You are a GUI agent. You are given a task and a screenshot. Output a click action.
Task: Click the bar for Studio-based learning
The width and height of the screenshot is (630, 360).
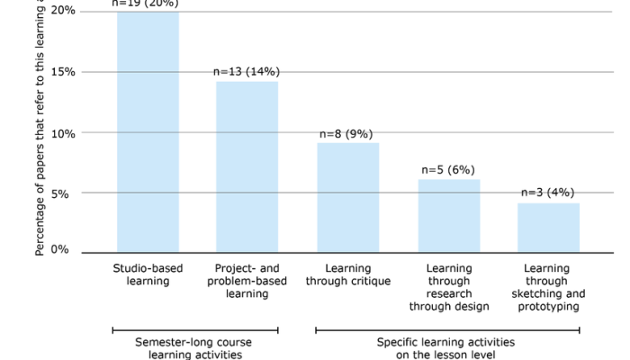click(148, 131)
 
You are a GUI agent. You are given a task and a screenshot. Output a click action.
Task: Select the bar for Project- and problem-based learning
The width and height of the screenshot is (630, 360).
click(247, 166)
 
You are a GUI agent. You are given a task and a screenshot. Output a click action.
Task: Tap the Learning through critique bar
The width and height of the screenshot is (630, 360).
click(347, 197)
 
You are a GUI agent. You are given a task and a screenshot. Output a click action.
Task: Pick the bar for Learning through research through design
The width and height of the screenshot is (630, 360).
click(449, 215)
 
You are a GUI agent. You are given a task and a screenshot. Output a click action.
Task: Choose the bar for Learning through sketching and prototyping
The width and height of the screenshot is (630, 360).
click(548, 228)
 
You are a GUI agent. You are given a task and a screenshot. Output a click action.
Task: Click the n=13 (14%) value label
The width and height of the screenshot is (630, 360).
click(247, 71)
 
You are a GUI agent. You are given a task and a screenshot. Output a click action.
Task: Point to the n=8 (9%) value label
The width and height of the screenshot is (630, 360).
click(346, 133)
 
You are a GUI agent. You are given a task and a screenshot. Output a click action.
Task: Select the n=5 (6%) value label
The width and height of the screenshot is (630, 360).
click(448, 169)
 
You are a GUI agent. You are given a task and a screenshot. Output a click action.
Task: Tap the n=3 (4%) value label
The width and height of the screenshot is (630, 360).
click(547, 192)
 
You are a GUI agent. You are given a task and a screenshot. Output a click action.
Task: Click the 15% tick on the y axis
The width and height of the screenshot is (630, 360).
click(63, 72)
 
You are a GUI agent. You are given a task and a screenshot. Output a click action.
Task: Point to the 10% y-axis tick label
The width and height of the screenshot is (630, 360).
click(63, 132)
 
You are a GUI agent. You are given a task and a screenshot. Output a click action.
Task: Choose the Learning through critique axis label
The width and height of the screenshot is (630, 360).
click(347, 274)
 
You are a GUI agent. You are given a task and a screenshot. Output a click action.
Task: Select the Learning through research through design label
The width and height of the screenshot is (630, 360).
click(449, 287)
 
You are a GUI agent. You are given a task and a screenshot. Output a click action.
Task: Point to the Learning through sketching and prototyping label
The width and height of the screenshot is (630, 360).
click(548, 287)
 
